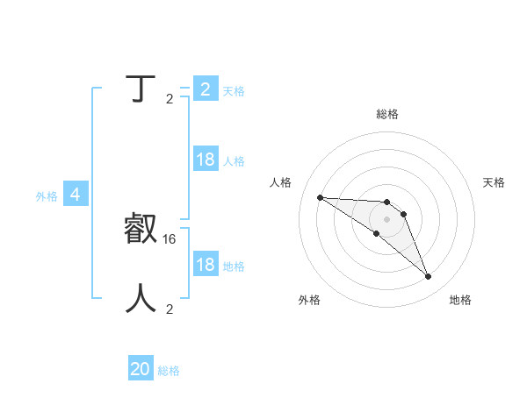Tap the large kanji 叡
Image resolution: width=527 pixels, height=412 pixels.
pyautogui.click(x=141, y=230)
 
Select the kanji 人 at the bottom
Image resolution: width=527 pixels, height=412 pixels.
pyautogui.click(x=141, y=298)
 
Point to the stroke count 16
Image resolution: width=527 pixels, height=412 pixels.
pyautogui.click(x=170, y=238)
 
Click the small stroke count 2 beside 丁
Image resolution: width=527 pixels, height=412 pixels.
pyautogui.click(x=170, y=98)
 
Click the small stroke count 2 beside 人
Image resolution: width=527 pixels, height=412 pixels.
pyautogui.click(x=170, y=309)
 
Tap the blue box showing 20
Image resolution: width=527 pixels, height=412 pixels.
pyautogui.click(x=141, y=370)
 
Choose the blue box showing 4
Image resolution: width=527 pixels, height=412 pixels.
pyautogui.click(x=75, y=195)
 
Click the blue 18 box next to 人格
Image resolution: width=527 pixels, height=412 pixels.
pyautogui.click(x=206, y=160)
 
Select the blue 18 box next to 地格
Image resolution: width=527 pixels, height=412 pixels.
pyautogui.click(x=206, y=266)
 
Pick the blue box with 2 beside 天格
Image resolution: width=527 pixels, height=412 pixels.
pyautogui.click(x=206, y=89)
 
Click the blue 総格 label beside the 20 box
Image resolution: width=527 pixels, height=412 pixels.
pyautogui.click(x=169, y=371)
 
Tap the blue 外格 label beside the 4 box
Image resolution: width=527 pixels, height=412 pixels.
pyautogui.click(x=47, y=196)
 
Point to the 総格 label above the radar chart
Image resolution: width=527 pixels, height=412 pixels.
pyautogui.click(x=387, y=114)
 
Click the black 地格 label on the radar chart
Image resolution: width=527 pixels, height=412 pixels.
pyautogui.click(x=460, y=300)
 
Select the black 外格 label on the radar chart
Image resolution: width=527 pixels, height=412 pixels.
pyautogui.click(x=309, y=300)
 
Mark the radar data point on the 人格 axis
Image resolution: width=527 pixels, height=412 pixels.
pyautogui.click(x=320, y=197)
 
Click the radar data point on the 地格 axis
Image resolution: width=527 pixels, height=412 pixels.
pyautogui.click(x=428, y=277)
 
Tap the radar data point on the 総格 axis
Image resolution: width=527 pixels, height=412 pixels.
pyautogui.click(x=387, y=202)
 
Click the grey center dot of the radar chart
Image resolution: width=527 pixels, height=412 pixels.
pyautogui.click(x=387, y=219)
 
